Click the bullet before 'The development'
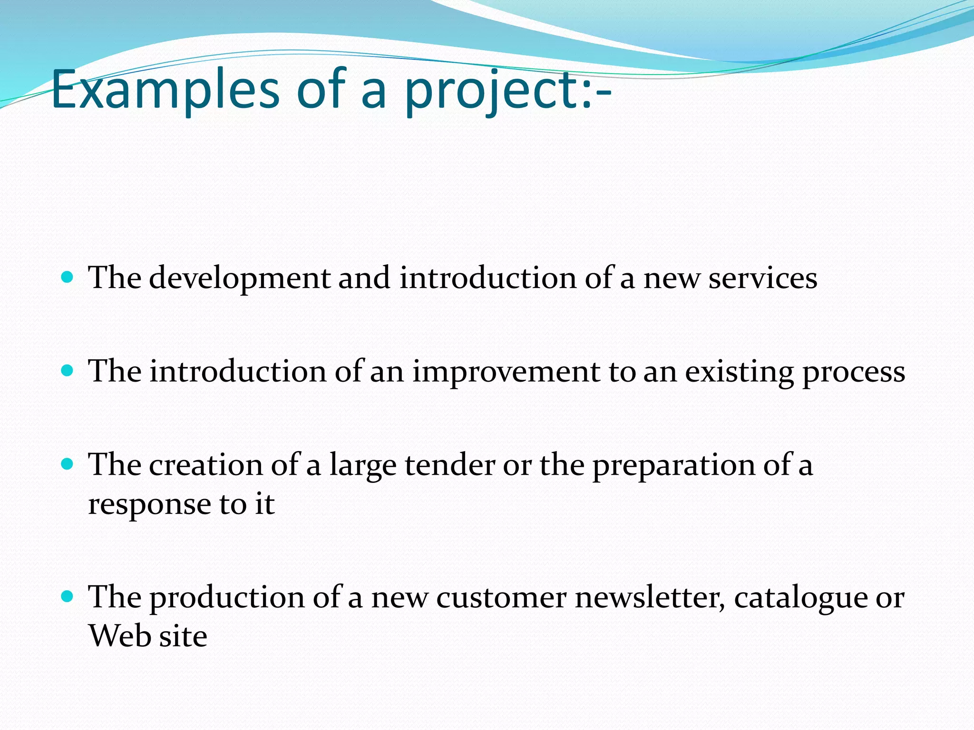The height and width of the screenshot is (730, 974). click(68, 277)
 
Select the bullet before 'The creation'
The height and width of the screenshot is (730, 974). click(68, 464)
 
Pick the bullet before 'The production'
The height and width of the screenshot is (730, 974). click(68, 596)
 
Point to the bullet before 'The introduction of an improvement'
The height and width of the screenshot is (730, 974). click(68, 370)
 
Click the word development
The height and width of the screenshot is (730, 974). click(239, 279)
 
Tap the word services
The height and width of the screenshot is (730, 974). click(763, 279)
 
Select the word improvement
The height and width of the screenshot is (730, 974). click(506, 372)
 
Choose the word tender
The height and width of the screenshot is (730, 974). click(450, 465)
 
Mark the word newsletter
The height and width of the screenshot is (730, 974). click(650, 597)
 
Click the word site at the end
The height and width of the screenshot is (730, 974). click(183, 636)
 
